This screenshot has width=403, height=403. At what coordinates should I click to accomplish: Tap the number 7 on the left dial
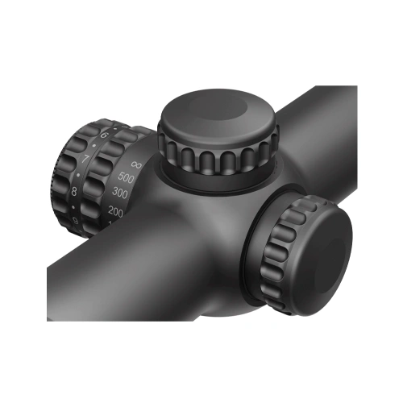point(86,159)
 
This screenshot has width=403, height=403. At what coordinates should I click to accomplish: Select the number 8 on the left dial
point(74,191)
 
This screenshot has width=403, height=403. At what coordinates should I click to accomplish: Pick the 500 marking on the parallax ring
point(126,177)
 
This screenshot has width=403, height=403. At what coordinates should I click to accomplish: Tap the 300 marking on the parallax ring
point(121,193)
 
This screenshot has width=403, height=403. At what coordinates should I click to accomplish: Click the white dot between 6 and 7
point(95,147)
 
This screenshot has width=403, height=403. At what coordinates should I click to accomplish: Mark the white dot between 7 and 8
point(79,174)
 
